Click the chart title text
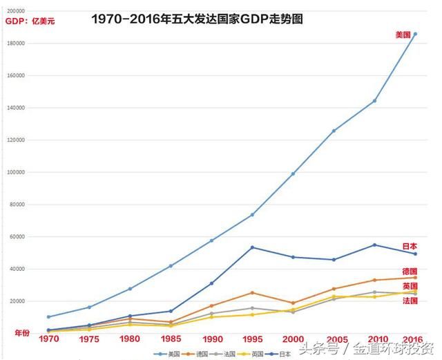tap(197, 20)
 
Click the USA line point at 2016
tap(415, 33)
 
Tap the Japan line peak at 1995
tap(252, 247)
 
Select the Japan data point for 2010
tap(374, 245)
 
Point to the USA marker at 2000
tap(293, 173)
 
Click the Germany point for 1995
tap(252, 293)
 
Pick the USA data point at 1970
tap(48, 317)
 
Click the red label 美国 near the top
tap(403, 35)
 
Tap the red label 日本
tap(410, 246)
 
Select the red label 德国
tap(410, 271)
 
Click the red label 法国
tap(410, 301)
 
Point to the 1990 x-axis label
tap(211, 340)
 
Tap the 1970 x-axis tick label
tap(48, 340)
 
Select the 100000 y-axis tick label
tap(15, 172)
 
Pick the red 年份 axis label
tap(22, 333)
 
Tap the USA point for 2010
tap(374, 101)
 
